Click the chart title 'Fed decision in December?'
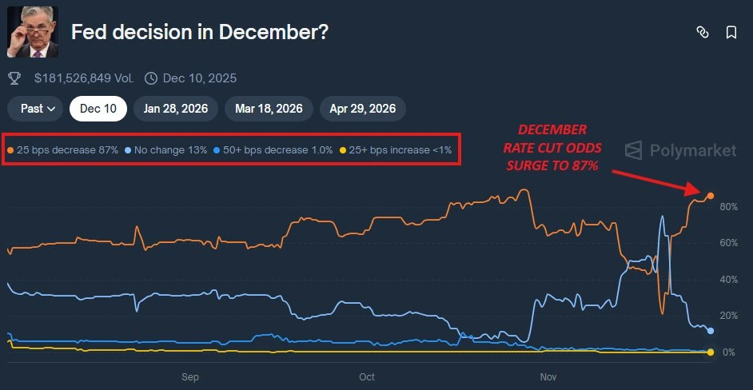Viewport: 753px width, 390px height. pyautogui.click(x=199, y=33)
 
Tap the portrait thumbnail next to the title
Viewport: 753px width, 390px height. pyautogui.click(x=33, y=32)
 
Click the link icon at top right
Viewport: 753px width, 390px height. pyautogui.click(x=703, y=33)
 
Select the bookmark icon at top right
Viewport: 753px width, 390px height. pyautogui.click(x=731, y=33)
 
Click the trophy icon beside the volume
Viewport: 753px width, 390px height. pyautogui.click(x=14, y=78)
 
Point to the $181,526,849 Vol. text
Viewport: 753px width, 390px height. pyautogui.click(x=83, y=78)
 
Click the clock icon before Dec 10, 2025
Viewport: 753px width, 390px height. pyautogui.click(x=151, y=78)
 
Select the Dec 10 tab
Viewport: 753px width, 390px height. pyautogui.click(x=98, y=108)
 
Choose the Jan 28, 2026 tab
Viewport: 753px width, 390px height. pyautogui.click(x=175, y=108)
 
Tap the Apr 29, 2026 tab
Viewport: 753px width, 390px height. pyautogui.click(x=362, y=108)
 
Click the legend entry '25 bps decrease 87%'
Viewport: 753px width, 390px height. pyautogui.click(x=63, y=149)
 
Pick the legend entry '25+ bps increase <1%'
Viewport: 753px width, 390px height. pyautogui.click(x=396, y=149)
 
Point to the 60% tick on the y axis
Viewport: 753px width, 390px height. pyautogui.click(x=728, y=243)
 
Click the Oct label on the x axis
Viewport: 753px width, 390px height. pyautogui.click(x=367, y=376)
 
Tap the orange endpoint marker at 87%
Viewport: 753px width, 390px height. pyautogui.click(x=710, y=196)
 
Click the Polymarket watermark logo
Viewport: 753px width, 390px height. pyautogui.click(x=680, y=150)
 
